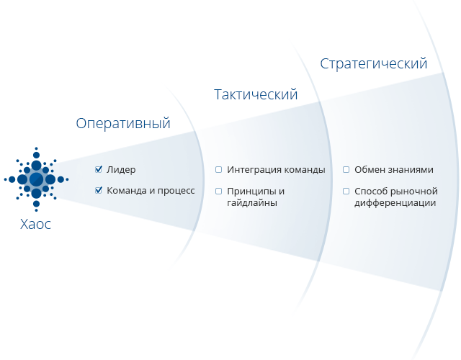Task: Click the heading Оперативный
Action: point(123,123)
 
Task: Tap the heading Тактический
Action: point(256,94)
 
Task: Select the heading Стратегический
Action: point(374,63)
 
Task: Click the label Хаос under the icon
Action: point(36,224)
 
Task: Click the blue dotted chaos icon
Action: point(36,179)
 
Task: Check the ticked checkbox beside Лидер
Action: point(99,170)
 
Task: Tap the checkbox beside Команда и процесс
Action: point(99,191)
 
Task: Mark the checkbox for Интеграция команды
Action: point(218,170)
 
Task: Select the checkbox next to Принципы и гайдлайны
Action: point(218,191)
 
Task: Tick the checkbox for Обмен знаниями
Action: point(346,170)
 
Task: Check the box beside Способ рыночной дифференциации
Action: point(346,191)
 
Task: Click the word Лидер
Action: point(121,170)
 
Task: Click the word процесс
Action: point(177,192)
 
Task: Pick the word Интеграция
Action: point(253,170)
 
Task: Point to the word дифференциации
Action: point(395,203)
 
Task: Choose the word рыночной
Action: point(414,191)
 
